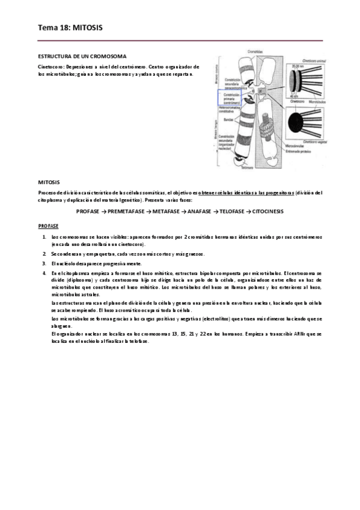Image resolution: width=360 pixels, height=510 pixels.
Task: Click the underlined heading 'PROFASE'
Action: click(48, 226)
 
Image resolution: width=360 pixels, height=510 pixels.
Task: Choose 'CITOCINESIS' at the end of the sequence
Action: click(263, 212)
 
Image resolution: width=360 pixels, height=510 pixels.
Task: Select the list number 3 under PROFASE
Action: click(44, 263)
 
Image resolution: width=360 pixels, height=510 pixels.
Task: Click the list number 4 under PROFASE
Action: click(44, 272)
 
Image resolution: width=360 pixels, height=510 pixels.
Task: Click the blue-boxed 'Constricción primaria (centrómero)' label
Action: click(228, 98)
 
